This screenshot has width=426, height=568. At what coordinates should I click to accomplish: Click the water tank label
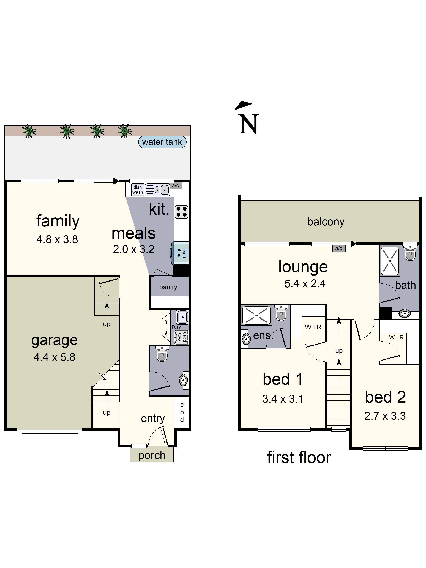click(162, 142)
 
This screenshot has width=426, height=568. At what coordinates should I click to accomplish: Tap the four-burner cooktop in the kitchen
click(181, 212)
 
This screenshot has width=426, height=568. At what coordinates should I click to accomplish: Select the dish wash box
click(137, 190)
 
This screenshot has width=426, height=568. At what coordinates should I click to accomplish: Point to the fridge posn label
click(181, 253)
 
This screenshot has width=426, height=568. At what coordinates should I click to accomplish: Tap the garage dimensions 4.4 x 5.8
click(54, 357)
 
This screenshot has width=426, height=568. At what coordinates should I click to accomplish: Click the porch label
click(152, 455)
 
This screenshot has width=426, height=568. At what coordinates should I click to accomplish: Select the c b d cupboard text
click(182, 412)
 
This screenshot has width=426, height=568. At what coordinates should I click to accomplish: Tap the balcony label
click(326, 222)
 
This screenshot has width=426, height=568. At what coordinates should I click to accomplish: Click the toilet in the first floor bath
click(410, 253)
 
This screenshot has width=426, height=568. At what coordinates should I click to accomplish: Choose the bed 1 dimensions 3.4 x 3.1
click(282, 399)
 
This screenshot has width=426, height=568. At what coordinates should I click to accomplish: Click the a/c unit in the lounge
click(339, 248)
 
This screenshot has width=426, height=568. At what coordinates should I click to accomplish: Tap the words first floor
click(299, 458)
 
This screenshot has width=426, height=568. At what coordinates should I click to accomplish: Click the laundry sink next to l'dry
click(182, 317)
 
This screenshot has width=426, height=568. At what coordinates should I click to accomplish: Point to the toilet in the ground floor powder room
click(162, 354)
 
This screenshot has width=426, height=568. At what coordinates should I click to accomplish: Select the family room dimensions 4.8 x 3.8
click(57, 240)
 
